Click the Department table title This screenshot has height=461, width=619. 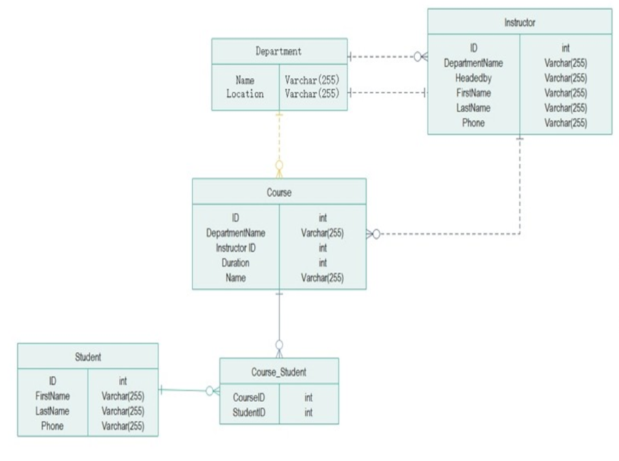pos(279,52)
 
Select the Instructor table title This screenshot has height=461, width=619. pos(519,22)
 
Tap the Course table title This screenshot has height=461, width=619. pos(279,193)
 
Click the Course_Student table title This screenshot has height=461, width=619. pos(279,372)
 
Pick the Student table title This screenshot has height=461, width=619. pos(87,357)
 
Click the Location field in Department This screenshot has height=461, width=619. pos(245,94)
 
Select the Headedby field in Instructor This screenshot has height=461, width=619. pos(473,78)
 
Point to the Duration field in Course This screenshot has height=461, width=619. pos(235,263)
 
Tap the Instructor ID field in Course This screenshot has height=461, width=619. pos(235,248)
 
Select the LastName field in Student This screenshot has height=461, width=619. pos(52,411)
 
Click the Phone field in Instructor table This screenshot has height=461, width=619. pos(473,123)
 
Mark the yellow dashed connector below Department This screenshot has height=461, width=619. pos(279,139)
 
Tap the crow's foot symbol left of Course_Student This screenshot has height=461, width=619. pos(212,391)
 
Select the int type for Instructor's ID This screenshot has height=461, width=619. pos(565,48)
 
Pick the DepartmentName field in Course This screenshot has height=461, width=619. pos(235,233)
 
